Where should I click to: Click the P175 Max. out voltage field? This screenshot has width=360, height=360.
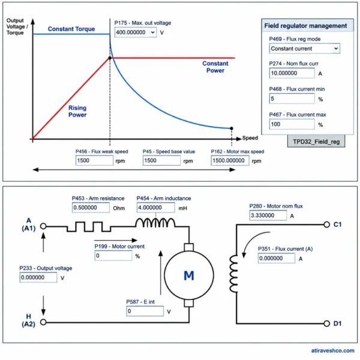136,32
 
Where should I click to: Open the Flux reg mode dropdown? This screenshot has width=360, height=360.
304,49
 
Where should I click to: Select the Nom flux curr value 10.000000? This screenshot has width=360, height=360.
292,73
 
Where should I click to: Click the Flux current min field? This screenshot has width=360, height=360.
292,99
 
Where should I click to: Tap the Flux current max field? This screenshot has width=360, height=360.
292,124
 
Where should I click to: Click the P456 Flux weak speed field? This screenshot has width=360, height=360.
94,160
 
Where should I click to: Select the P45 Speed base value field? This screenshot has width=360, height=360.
161,160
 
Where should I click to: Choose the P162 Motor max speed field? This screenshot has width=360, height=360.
230,160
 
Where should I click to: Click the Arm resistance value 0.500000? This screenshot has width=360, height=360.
91,208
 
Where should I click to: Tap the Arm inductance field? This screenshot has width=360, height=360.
155,208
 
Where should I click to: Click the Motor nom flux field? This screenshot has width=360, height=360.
268,215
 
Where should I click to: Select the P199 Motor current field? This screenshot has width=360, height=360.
113,256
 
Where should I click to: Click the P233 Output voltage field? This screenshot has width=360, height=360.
38,277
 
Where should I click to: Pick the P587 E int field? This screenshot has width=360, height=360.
145,311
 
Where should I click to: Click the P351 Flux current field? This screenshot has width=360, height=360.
277,258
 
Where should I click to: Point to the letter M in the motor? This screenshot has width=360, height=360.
189,275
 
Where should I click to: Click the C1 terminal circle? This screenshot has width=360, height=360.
327,224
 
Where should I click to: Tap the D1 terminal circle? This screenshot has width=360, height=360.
327,323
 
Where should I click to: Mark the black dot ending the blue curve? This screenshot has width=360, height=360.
232,128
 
